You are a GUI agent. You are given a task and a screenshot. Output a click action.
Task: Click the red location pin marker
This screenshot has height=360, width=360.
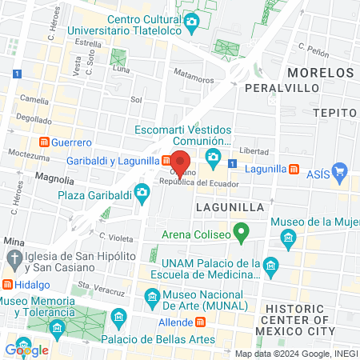tap(181, 160)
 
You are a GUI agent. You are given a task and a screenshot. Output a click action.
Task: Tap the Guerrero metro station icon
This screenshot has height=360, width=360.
tap(45, 142)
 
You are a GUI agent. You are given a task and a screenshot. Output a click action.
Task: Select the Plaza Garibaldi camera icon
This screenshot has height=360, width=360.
tap(142, 192)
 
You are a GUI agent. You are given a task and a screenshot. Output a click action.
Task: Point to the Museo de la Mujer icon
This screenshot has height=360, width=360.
tap(289, 237)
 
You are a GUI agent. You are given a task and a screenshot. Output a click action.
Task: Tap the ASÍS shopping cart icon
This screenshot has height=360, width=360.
tap(339, 170)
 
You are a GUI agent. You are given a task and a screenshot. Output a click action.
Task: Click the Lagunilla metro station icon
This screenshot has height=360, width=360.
tap(294, 170)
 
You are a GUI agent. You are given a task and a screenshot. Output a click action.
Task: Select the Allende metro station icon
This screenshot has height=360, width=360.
tap(200, 321)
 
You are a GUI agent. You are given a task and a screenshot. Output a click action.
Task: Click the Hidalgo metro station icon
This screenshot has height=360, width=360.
tap(7, 284)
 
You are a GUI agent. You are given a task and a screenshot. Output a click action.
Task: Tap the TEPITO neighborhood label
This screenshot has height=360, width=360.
tap(334, 113)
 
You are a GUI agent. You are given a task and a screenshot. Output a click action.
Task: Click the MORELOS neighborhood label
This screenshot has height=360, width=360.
tap(328, 72)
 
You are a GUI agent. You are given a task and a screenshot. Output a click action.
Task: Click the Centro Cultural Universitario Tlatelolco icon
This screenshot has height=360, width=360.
tap(190, 22)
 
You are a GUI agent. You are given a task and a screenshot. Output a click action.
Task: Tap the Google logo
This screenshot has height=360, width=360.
tap(27, 350)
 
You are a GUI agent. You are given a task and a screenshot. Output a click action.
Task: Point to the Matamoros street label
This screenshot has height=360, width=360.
tap(194, 80)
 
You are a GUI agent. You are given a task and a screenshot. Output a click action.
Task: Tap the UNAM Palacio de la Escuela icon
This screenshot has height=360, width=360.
tap(270, 265)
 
